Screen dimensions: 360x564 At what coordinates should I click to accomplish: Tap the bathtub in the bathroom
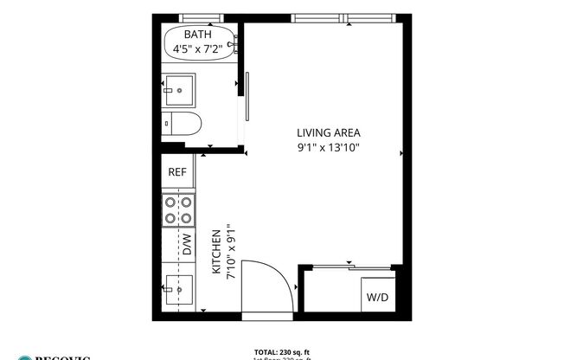[198, 43]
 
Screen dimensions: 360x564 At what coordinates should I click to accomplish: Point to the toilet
[183, 124]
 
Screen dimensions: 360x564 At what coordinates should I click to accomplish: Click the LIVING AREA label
[328, 133]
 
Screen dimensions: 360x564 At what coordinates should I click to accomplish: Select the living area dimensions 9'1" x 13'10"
[328, 147]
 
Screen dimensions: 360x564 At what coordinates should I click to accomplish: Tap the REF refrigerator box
[177, 172]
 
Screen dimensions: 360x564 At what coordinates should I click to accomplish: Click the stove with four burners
[177, 211]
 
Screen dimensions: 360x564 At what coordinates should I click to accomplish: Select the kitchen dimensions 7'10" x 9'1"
[230, 253]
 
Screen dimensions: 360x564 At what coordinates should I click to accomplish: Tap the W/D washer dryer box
[378, 297]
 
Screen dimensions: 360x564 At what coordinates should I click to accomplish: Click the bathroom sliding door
[247, 97]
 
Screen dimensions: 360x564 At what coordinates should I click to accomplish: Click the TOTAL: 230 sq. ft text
[282, 350]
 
